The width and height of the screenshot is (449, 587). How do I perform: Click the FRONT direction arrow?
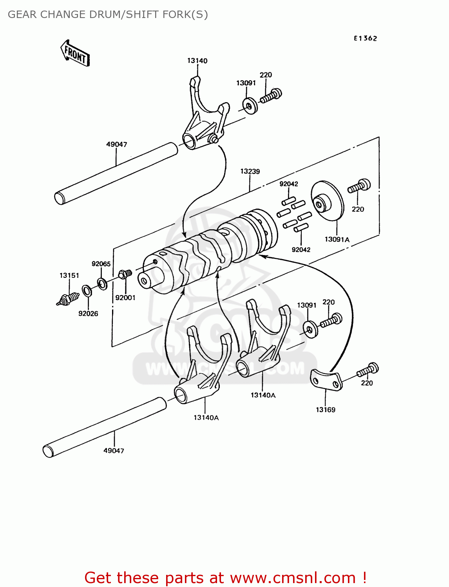pos(75,53)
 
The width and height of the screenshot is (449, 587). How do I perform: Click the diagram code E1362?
pos(365,38)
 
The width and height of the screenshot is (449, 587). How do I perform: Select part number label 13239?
pos(250,171)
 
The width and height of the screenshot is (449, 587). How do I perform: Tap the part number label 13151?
pos(69,275)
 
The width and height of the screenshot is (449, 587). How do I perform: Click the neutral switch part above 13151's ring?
pos(68,300)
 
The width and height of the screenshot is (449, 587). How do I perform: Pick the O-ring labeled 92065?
pos(102,283)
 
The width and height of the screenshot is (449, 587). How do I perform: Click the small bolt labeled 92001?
pos(125,274)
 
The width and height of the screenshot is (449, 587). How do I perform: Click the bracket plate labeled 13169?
pos(326,380)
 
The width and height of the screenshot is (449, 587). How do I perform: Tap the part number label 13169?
pos(326,410)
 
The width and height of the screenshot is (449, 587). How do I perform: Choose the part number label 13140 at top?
pos(197,61)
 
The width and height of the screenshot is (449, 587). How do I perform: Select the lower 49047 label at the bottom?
pos(114,450)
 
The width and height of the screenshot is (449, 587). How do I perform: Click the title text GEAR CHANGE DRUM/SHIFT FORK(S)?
pos(108,14)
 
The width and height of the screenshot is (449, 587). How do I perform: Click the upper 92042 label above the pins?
pos(289,184)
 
